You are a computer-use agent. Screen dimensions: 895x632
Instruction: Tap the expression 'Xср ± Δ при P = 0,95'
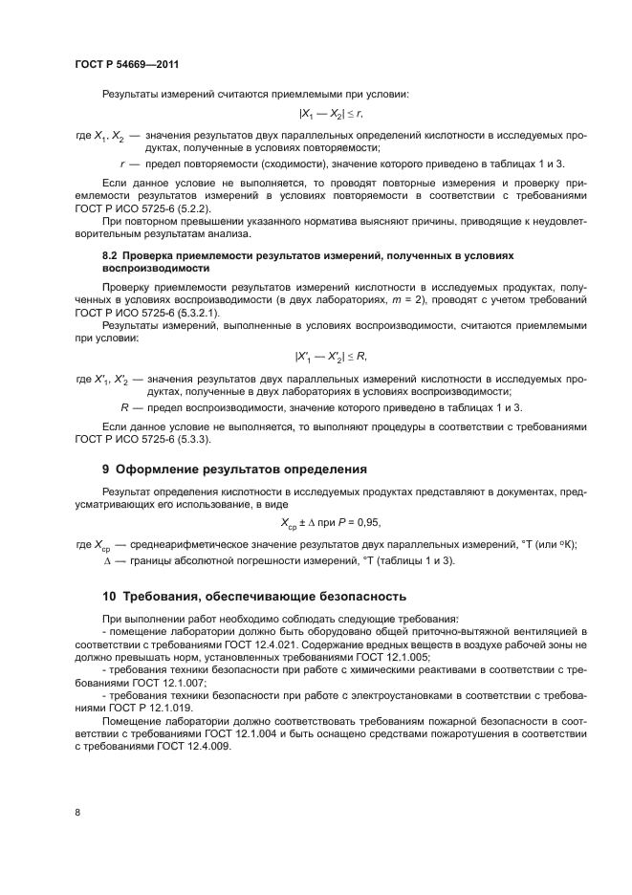[x=330, y=523]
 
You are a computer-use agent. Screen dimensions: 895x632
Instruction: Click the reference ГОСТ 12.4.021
[x=238, y=644]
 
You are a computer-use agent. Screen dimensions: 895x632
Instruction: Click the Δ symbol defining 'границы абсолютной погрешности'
[x=108, y=559]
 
